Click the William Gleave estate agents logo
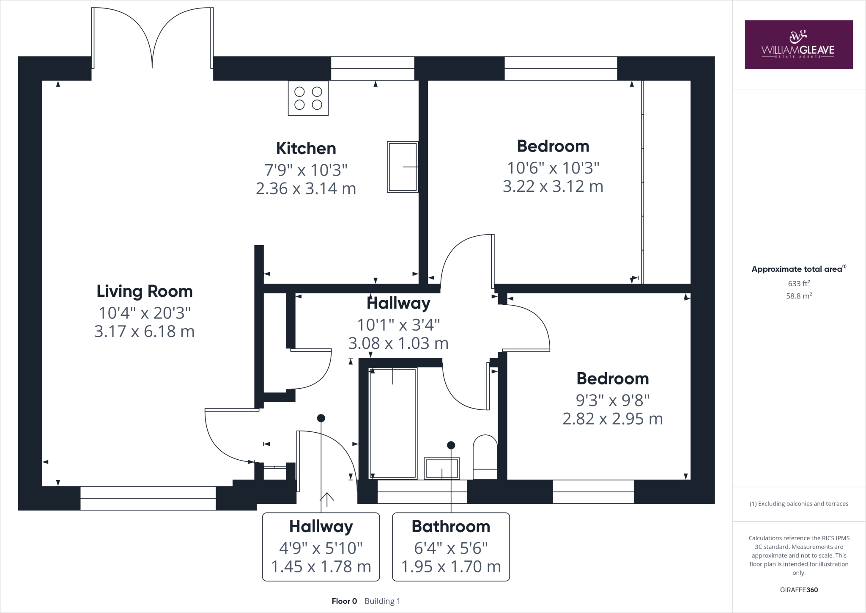coord(798,44)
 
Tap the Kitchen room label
coord(306,149)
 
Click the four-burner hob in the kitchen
coord(308,98)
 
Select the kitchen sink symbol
coord(403,167)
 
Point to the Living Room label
coord(145,291)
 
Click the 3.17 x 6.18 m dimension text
coord(145,331)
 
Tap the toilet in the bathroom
coord(485,457)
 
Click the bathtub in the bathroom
coord(393,423)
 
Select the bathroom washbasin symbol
coord(441,468)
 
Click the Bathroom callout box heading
coord(451,526)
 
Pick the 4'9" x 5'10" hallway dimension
coord(321,548)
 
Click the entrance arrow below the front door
coord(327,498)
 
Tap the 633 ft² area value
coord(799,284)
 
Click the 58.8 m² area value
coord(799,296)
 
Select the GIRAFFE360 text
coord(799,590)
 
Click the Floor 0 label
coord(344,601)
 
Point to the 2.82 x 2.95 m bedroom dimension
coord(612,419)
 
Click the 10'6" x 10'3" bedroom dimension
coord(553,168)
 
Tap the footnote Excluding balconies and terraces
coord(799,504)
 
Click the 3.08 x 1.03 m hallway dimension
coord(398,343)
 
